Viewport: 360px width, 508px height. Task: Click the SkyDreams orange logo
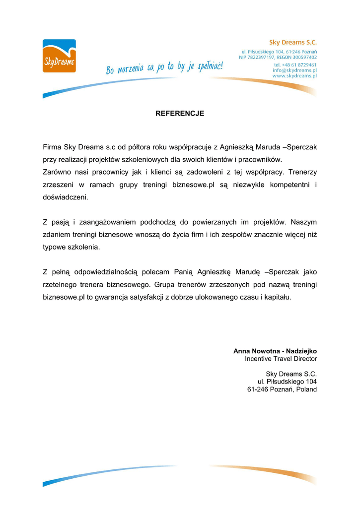click(x=59, y=56)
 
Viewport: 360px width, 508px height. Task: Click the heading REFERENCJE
click(x=180, y=114)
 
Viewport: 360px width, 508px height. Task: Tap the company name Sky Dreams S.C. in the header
click(x=292, y=43)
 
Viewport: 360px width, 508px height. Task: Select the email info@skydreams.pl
click(x=294, y=70)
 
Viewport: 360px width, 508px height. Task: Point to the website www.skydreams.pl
click(x=294, y=76)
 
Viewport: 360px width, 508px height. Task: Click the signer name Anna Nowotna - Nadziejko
click(x=275, y=351)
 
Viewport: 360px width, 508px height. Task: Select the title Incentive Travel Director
click(x=281, y=359)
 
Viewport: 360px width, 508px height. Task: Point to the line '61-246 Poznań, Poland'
click(x=282, y=389)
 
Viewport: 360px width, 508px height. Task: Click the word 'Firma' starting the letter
click(x=52, y=147)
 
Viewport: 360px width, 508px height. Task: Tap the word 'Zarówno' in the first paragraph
click(x=56, y=172)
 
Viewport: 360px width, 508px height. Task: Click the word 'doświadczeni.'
click(x=65, y=197)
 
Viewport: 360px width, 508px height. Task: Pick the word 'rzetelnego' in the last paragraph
click(x=60, y=285)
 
